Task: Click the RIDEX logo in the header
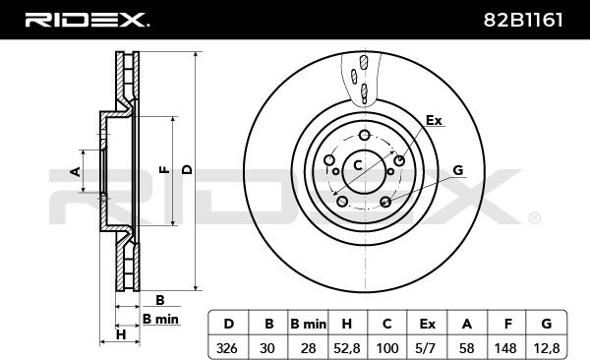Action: point(87,20)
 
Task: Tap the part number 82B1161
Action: point(523,20)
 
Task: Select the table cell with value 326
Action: point(227,348)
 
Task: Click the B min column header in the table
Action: point(308,324)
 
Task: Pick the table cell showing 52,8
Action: point(347,348)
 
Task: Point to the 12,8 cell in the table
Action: point(547,348)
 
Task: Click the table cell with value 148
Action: point(505,348)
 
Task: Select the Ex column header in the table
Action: point(428,324)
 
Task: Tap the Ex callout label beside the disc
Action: point(433,121)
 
